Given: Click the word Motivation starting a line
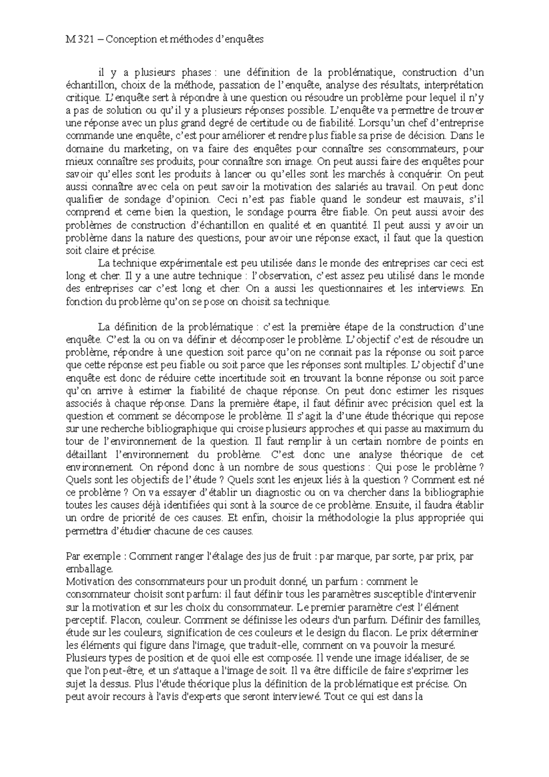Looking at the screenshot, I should pos(88,582).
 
